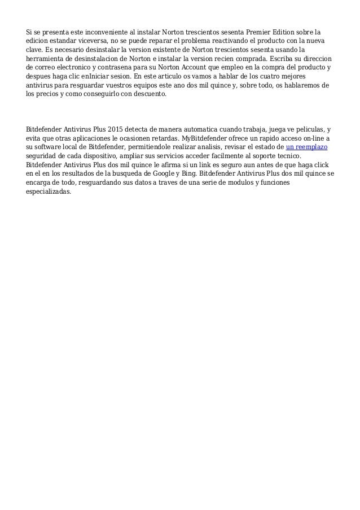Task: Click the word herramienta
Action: click(x=47, y=60)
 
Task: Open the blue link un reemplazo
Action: click(x=306, y=147)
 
